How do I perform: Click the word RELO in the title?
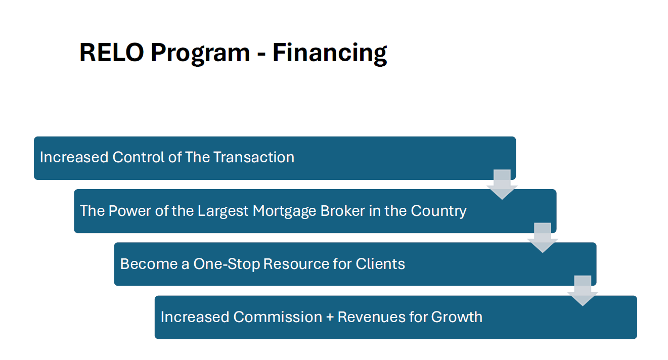[x=112, y=53]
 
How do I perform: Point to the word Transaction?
[x=254, y=157]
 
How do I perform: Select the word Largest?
[x=223, y=211]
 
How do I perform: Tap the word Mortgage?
[x=284, y=211]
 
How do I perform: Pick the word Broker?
[x=343, y=210]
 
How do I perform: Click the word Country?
[x=438, y=211]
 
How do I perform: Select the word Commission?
[x=278, y=317]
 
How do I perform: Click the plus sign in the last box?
[x=330, y=318]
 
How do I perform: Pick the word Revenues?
[x=371, y=317]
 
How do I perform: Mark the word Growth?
[x=457, y=317]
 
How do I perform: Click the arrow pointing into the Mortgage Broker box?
[x=502, y=185]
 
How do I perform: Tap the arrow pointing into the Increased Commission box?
[x=583, y=291]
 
